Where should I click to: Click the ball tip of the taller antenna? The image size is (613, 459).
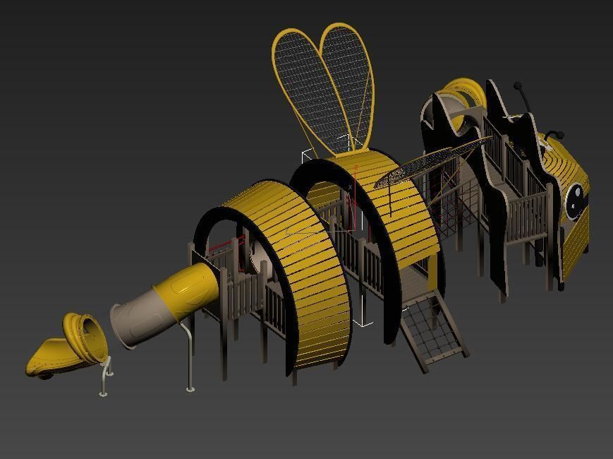pos(518,86)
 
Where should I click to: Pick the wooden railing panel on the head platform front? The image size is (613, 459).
pos(529,212)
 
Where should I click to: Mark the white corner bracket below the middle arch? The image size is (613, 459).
pos(364,322)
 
